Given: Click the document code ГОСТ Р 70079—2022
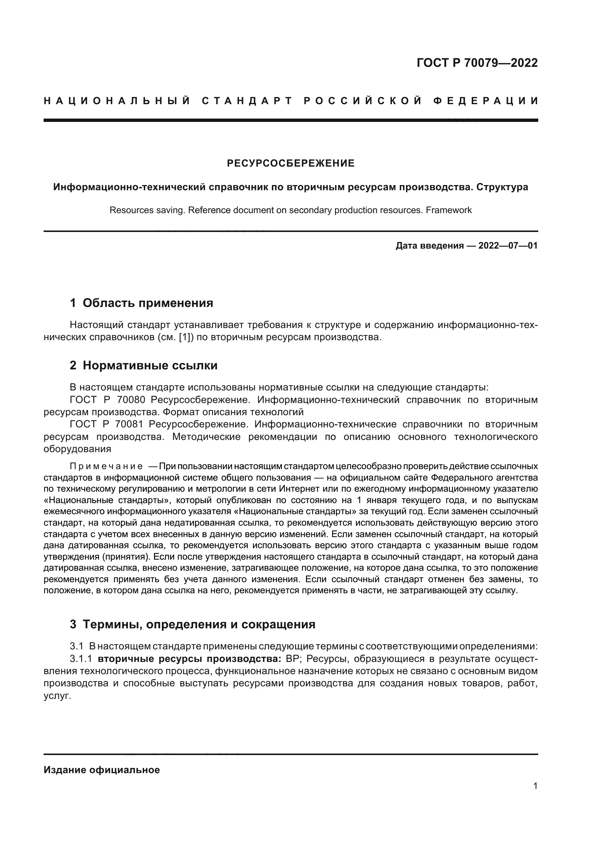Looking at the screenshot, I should tap(477, 63).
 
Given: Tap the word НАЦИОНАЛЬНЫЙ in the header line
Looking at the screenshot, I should tap(117, 101).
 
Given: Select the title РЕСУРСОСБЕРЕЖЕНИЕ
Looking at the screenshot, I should tap(290, 163).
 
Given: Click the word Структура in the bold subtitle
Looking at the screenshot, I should tap(502, 187).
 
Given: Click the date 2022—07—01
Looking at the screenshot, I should tap(508, 246).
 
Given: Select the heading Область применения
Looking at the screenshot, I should tap(147, 303).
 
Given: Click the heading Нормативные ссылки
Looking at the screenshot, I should tap(150, 365).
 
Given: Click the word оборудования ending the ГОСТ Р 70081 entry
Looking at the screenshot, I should tap(78, 448).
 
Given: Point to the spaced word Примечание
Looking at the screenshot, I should tap(106, 467).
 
